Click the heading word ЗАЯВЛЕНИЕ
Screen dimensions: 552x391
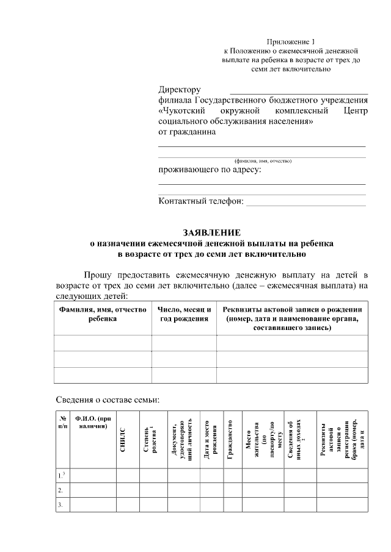pos(212,232)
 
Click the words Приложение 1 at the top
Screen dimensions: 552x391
pos(290,41)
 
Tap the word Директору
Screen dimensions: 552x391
pos(179,90)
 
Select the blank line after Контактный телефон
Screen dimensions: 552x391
pos(305,203)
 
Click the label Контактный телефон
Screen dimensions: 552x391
pos(200,201)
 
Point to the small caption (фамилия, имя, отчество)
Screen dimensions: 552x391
pos(263,160)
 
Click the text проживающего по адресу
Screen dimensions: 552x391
pos(210,170)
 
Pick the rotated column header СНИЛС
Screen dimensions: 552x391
pos(123,440)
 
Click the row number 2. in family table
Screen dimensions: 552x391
pos(60,490)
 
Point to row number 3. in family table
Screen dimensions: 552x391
pos(60,505)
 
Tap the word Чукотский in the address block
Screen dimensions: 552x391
pos(183,111)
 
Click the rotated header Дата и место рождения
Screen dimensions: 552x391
pos(207,440)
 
